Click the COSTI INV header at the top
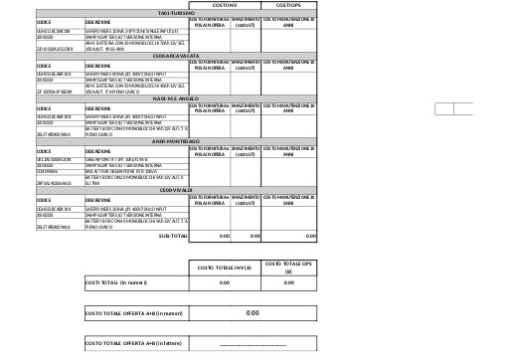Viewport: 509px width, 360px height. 224,5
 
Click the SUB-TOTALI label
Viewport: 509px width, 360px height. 172,237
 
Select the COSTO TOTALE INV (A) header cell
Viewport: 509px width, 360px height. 224,267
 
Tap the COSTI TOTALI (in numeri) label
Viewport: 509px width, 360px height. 117,282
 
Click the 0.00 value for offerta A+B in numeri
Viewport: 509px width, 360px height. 253,313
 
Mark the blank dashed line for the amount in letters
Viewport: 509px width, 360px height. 253,343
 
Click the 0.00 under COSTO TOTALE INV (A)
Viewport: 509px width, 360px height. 224,282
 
